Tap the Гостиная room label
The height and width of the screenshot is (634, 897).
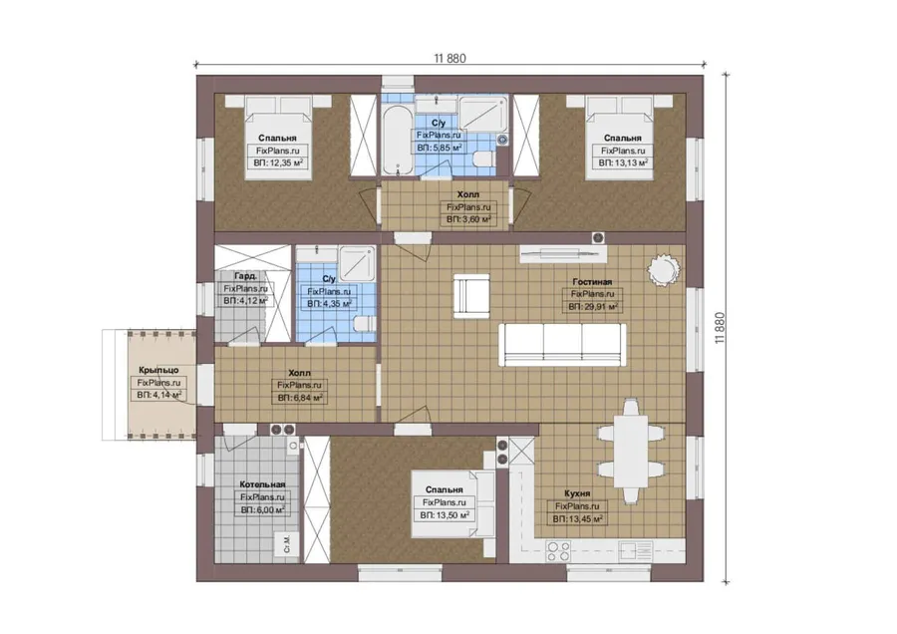click(x=592, y=281)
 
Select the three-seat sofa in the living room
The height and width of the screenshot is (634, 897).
click(x=562, y=345)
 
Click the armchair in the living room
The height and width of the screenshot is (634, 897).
click(x=471, y=295)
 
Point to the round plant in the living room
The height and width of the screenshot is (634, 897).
click(x=664, y=269)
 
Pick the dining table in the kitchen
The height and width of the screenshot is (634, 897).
click(x=631, y=452)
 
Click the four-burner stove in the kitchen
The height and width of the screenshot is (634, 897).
click(x=558, y=551)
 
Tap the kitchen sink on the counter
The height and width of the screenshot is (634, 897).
click(x=635, y=551)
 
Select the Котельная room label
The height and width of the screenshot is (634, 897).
click(x=262, y=484)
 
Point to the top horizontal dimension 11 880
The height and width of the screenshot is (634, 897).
click(x=449, y=58)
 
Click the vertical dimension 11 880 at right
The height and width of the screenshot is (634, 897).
click(x=720, y=328)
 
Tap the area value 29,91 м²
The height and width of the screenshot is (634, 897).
click(x=593, y=307)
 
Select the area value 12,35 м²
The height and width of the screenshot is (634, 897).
click(x=278, y=163)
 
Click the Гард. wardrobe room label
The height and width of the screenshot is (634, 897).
click(x=245, y=276)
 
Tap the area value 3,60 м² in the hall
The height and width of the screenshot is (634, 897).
click(x=468, y=219)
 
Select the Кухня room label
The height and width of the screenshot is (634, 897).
click(x=577, y=493)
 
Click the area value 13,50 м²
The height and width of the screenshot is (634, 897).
click(x=445, y=515)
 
